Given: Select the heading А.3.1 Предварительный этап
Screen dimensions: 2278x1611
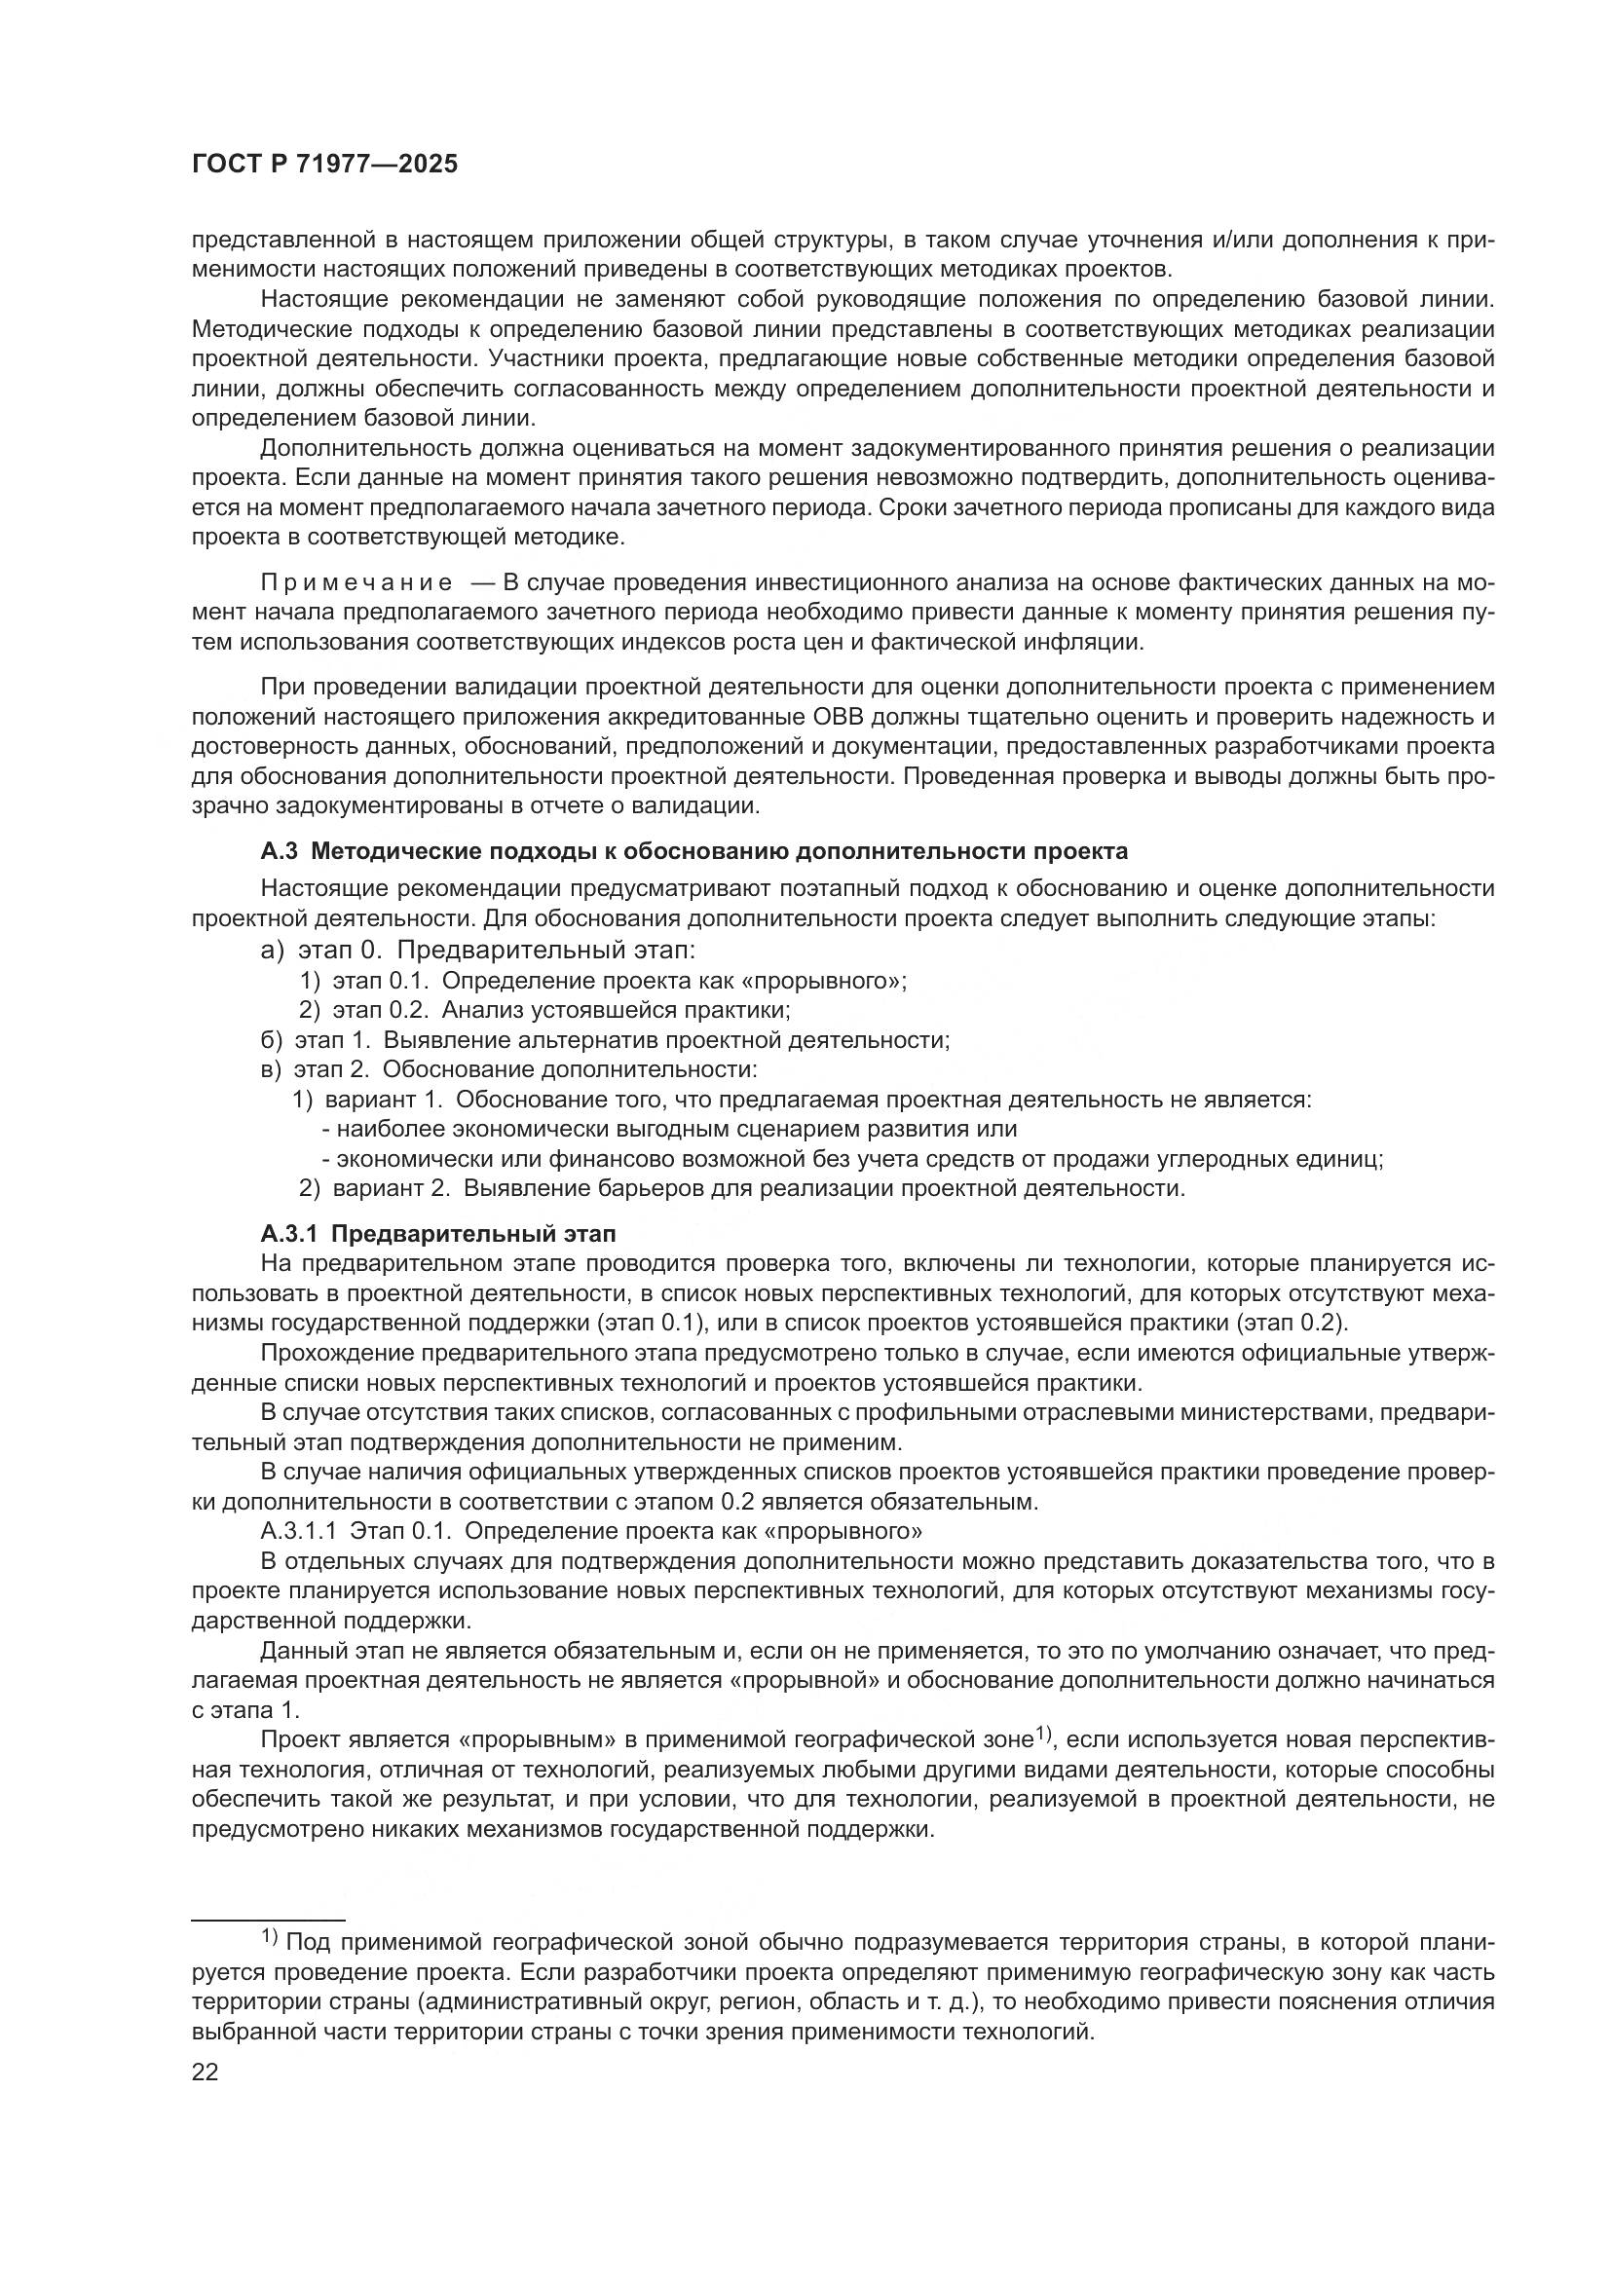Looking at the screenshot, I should (437, 1234).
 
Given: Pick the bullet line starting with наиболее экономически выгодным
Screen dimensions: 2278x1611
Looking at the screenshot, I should (670, 1128).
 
